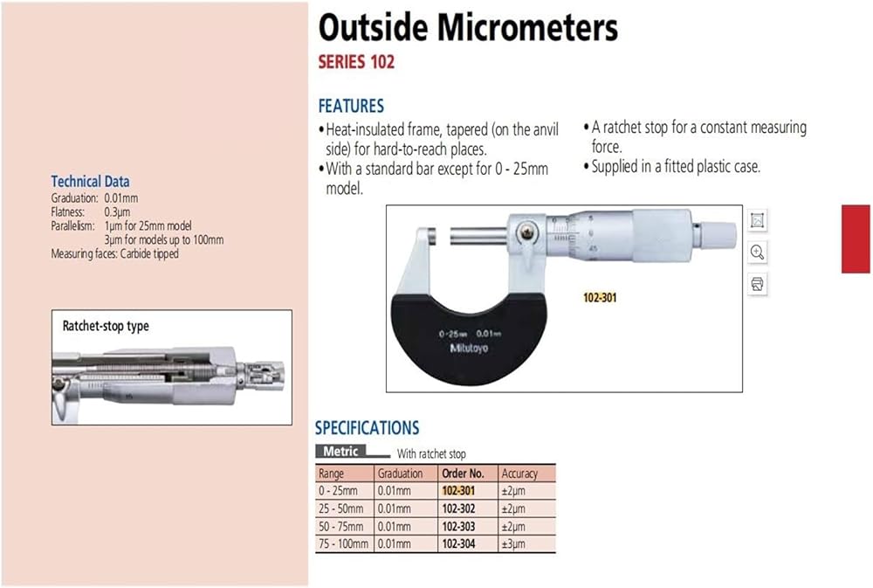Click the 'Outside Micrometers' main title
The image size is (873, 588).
(468, 27)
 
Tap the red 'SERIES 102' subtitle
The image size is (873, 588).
(356, 62)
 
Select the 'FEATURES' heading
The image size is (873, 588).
(351, 106)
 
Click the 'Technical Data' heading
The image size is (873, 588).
(90, 181)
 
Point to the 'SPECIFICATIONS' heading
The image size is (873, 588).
(367, 428)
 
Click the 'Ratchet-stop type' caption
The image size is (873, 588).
(106, 326)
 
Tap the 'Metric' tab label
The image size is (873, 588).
(340, 451)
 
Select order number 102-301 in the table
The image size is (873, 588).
(459, 490)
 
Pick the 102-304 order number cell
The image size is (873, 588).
(459, 543)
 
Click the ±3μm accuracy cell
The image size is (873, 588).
(513, 544)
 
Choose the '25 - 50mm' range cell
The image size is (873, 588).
(340, 508)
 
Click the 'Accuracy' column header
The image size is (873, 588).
(519, 474)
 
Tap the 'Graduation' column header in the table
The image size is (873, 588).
(401, 474)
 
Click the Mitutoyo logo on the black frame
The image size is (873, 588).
(469, 348)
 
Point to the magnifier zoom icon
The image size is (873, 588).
(757, 252)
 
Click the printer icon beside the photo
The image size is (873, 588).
(757, 284)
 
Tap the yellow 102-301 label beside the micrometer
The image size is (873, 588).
(600, 298)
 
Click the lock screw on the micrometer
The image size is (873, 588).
(527, 232)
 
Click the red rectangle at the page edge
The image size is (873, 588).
(856, 239)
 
